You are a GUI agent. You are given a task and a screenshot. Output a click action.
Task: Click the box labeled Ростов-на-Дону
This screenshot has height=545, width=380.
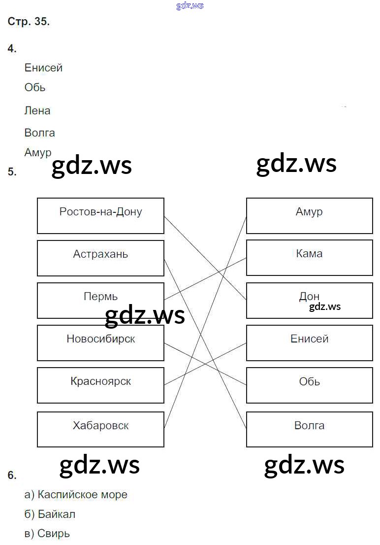100,216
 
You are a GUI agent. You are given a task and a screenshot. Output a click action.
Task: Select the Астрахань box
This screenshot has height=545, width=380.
100,258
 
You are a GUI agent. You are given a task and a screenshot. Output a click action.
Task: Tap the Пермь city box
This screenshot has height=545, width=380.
100,301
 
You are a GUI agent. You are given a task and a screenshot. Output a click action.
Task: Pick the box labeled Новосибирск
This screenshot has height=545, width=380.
100,343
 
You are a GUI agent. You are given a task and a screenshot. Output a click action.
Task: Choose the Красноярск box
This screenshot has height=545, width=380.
100,385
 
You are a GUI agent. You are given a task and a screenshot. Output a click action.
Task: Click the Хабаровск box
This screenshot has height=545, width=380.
100,429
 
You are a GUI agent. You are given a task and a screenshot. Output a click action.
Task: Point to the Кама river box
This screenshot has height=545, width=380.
309,258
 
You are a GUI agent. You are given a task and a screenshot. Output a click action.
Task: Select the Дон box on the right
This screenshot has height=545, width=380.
309,300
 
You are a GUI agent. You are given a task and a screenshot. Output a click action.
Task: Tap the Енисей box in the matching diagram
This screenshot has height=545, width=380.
309,342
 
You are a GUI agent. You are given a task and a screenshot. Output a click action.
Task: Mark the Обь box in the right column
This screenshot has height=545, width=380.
309,385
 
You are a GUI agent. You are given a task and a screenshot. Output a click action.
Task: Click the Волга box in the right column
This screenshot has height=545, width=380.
309,429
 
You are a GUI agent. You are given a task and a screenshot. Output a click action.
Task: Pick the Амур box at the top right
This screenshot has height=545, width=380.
309,215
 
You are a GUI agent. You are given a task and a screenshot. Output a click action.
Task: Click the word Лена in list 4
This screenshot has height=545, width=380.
37,111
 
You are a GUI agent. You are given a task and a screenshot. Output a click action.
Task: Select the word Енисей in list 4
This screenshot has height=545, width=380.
43,68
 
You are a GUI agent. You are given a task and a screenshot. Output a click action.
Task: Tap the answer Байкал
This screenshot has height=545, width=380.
56,514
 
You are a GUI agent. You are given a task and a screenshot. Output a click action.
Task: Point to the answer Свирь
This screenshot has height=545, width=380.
53,534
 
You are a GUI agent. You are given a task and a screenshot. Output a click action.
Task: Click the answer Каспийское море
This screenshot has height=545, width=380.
82,495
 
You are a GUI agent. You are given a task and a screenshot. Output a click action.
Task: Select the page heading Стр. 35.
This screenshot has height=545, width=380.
29,22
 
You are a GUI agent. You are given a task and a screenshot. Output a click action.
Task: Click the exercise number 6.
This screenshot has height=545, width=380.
12,476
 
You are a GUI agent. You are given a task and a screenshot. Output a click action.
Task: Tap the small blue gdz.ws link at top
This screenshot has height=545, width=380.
190,5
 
